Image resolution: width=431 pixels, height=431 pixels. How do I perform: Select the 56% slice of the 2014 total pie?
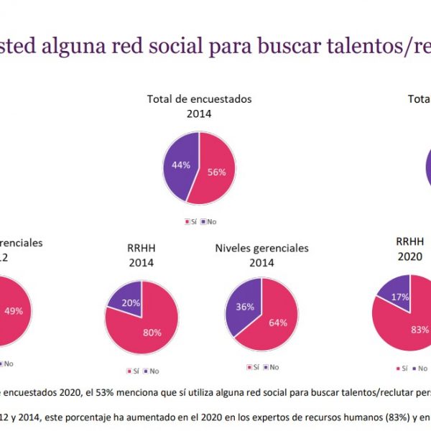(x=215, y=172)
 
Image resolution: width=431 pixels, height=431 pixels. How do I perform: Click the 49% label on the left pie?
(x=12, y=310)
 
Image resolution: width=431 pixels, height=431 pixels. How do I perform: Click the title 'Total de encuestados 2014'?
(x=199, y=106)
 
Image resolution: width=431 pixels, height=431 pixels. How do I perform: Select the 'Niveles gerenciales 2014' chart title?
(x=261, y=254)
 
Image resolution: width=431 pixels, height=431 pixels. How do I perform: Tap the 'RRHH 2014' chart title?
(x=142, y=255)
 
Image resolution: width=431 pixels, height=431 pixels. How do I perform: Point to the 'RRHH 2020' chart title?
(x=409, y=249)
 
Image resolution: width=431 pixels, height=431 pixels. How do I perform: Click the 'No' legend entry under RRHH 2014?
(x=154, y=371)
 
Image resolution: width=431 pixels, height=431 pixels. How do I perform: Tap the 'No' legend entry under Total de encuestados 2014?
(x=212, y=221)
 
